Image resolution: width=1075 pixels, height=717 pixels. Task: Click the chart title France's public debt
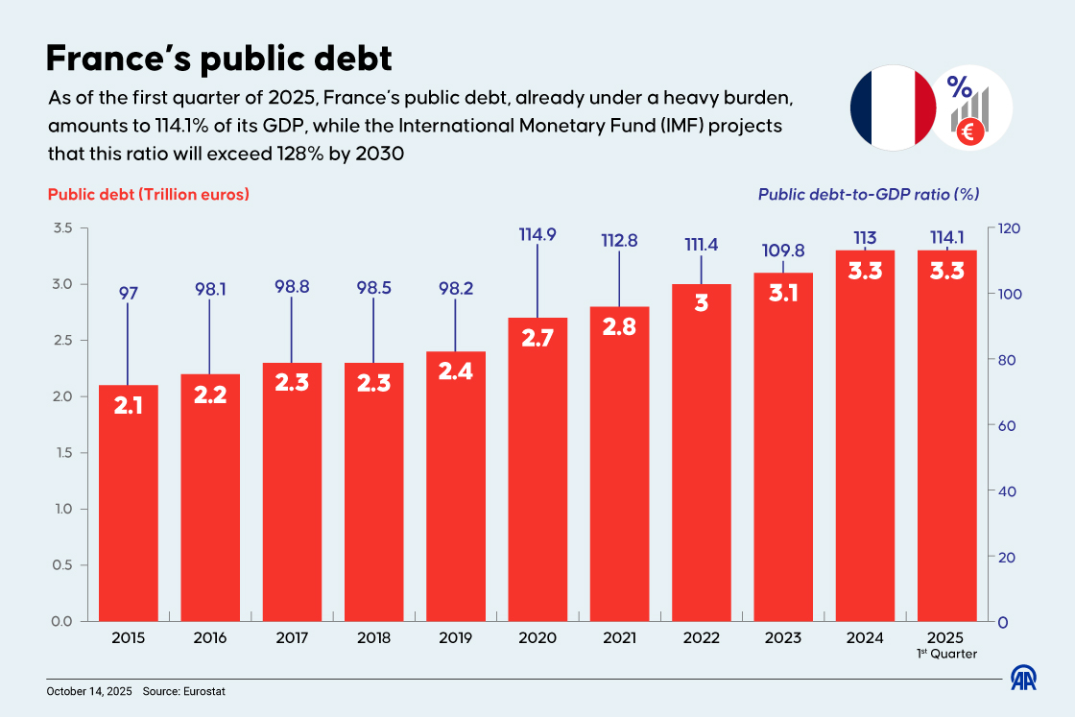coord(220,59)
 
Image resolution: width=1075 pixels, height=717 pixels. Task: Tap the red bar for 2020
coord(537,470)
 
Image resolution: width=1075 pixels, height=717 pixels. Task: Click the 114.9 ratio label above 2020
coord(537,233)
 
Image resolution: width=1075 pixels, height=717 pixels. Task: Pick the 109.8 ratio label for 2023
coord(783,251)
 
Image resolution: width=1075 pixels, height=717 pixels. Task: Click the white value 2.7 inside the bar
coord(537,337)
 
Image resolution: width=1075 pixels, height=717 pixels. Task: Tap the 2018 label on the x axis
coord(373,637)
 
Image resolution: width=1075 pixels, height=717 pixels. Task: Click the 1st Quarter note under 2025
coord(947,654)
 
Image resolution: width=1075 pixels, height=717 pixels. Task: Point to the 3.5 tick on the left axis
coord(62,228)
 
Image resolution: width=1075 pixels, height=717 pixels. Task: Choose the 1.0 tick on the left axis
coord(62,509)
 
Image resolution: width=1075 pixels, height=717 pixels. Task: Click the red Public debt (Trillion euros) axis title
coord(149,194)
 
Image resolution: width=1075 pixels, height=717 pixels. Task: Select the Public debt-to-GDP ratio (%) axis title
coord(868,194)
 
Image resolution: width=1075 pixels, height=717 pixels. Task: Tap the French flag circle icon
coord(893,107)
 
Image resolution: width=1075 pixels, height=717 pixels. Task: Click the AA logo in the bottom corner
coord(1026,678)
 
